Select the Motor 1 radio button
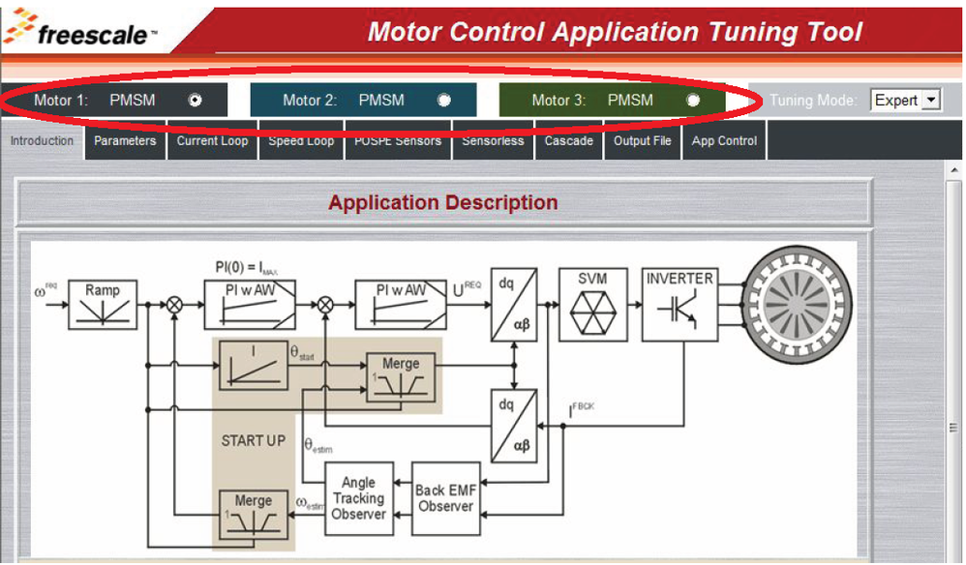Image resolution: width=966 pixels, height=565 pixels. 196,100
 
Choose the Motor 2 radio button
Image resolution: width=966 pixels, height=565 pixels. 444,100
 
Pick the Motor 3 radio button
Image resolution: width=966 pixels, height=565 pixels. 693,100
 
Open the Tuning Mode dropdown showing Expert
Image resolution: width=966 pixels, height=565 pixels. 906,100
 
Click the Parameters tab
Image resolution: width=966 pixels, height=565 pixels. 125,141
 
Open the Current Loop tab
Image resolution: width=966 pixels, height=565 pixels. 212,141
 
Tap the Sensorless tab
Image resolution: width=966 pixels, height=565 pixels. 493,141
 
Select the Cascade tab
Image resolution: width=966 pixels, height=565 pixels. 568,141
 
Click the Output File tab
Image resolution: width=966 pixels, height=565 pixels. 642,141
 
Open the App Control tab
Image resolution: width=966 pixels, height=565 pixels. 724,141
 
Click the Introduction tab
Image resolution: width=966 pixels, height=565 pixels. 42,141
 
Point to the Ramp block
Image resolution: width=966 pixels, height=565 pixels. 103,303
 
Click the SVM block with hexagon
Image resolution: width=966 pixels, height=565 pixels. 592,305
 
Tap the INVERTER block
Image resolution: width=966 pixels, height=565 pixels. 679,305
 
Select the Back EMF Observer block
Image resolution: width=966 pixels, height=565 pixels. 445,498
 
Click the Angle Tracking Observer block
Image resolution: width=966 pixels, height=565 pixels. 358,498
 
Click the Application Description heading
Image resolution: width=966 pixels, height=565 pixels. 442,203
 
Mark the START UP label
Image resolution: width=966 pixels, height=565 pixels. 254,441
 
